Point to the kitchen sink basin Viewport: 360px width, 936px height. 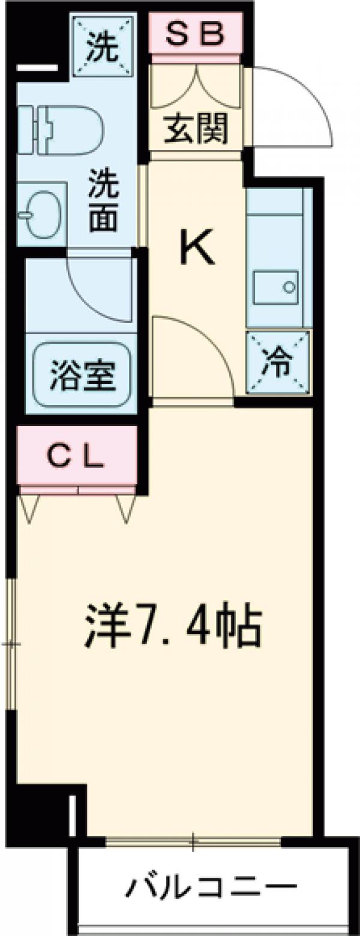point(275,287)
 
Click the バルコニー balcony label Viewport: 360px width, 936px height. point(211,887)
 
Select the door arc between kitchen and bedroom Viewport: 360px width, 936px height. point(198,348)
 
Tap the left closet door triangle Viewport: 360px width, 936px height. point(29,508)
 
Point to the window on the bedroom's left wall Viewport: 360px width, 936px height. point(11,645)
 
